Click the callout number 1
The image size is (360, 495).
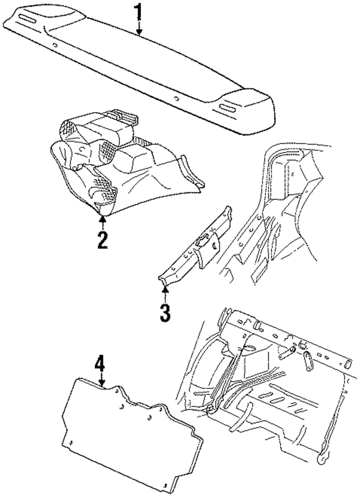click(x=139, y=13)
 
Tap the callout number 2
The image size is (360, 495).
click(x=102, y=240)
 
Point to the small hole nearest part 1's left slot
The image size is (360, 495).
click(x=55, y=46)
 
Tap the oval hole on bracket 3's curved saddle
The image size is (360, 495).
click(x=215, y=246)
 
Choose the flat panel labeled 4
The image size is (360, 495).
click(x=130, y=436)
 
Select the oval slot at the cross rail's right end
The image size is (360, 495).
click(x=348, y=363)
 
